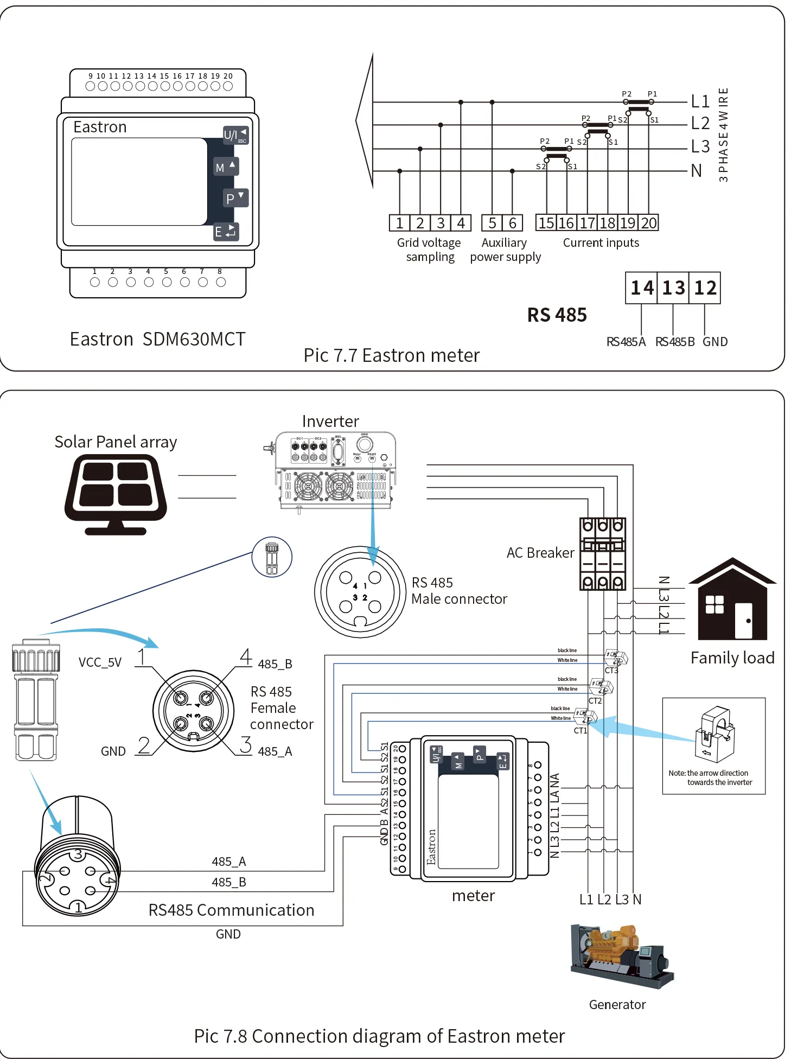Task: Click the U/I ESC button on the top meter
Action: click(235, 135)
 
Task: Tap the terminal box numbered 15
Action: click(546, 223)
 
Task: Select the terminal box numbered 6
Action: click(513, 223)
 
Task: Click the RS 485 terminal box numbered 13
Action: click(673, 288)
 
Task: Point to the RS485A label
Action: click(626, 342)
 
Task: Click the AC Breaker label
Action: click(540, 553)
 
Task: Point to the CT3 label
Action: click(611, 671)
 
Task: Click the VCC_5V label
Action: click(100, 662)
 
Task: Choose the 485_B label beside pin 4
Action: click(275, 664)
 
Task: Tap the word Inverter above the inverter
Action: click(330, 422)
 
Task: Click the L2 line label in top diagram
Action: click(700, 124)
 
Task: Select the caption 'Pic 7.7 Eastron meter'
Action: click(392, 355)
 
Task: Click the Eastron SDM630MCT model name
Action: click(157, 339)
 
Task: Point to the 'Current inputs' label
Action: click(601, 243)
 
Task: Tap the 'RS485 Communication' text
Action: click(231, 910)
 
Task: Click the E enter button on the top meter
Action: click(226, 232)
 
